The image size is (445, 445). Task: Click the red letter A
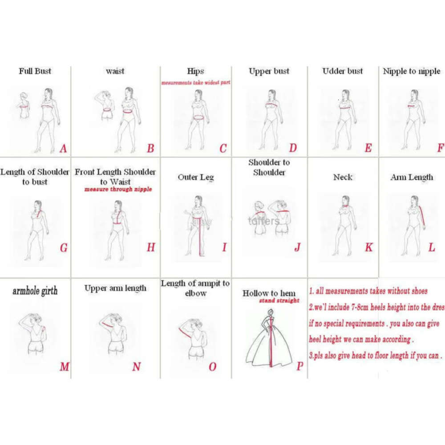63,148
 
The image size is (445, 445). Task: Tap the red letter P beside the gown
300,366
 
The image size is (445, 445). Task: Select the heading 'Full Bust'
35,71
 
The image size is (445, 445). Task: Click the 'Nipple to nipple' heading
411,71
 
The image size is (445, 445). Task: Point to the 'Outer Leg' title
196,177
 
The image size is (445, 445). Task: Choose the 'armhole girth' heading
35,291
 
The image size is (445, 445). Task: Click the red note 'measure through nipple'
118,189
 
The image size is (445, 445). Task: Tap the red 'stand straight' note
279,301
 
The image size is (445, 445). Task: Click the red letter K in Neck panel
368,247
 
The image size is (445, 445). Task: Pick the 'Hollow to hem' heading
269,293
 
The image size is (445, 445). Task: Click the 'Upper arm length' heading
115,288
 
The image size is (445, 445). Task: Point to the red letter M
64,367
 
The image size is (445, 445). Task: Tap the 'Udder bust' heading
343,71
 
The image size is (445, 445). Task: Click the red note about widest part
195,83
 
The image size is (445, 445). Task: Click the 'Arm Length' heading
412,177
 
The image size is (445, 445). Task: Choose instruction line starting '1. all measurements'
368,291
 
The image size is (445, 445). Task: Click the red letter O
212,367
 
